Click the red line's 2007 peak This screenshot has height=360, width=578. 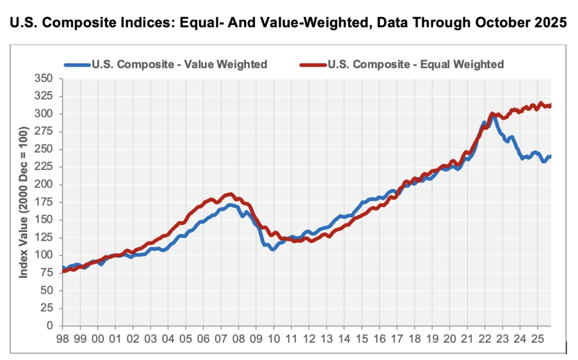(229, 194)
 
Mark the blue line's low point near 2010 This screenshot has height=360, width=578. (272, 249)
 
